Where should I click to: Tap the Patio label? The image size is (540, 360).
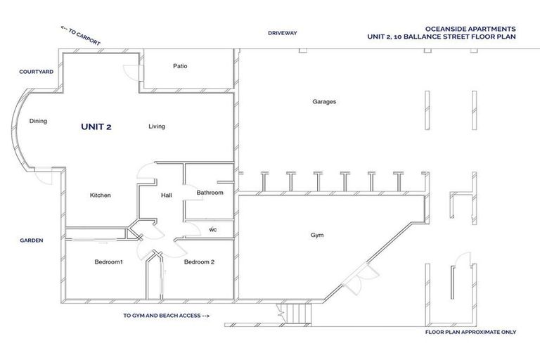coord(180,66)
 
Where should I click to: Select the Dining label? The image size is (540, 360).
coord(38,121)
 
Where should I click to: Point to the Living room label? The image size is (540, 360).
coord(156,127)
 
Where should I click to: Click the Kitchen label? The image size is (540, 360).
coord(101,195)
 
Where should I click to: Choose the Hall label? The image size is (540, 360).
coord(167,195)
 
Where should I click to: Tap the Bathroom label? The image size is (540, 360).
coord(210,192)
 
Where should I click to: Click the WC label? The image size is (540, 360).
coord(212,229)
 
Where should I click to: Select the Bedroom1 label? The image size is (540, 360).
coord(109,262)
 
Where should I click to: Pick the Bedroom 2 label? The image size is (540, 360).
coord(199,262)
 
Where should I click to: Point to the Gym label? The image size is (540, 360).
coord(317,235)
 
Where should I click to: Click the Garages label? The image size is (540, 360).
coord(324,101)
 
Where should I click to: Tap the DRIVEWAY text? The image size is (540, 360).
coord(283,32)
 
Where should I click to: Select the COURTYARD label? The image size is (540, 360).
coord(37,72)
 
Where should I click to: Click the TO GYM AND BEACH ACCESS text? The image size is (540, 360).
coord(166,316)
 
